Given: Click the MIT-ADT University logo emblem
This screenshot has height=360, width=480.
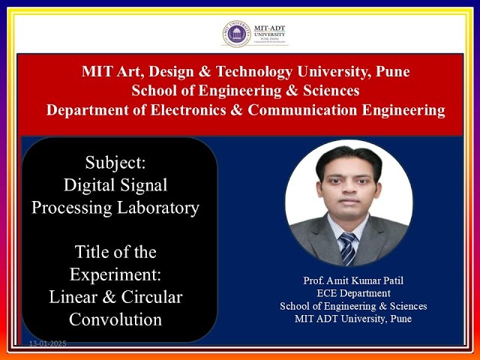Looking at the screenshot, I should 236,34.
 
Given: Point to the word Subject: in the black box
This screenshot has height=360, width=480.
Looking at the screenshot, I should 115,161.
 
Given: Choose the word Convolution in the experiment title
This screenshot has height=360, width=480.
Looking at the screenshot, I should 115,319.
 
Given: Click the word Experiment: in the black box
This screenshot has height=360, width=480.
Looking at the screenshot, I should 115,274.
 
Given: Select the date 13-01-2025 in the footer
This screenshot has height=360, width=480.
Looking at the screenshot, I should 48,343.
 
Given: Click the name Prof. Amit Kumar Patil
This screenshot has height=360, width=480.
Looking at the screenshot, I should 353,280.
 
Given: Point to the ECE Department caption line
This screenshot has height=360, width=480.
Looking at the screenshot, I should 353,293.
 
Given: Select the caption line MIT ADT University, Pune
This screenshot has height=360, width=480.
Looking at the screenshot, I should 353,319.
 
